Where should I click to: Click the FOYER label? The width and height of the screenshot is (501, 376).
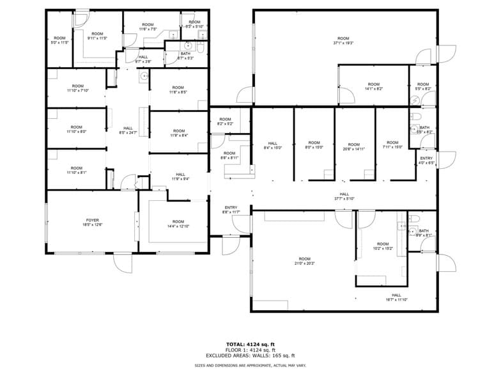click(93, 222)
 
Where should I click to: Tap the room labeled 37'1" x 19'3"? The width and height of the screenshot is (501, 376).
click(343, 40)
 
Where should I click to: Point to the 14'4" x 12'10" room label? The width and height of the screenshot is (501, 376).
click(178, 224)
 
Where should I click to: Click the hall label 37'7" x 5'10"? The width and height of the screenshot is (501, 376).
click(344, 196)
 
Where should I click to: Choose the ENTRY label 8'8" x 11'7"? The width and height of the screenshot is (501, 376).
click(231, 210)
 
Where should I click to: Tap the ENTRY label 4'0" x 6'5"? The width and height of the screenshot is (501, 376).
click(426, 160)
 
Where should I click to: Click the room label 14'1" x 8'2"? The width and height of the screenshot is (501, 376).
click(373, 86)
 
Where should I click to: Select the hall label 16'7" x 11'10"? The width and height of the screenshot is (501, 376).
click(396, 297)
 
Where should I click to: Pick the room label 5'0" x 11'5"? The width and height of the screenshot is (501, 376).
click(59, 40)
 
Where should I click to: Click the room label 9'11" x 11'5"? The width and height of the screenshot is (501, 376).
click(97, 36)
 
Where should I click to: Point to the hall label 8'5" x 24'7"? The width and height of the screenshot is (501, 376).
click(128, 130)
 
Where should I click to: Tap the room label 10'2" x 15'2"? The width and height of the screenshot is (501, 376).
click(382, 246)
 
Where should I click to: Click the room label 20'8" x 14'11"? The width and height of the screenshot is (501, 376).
click(353, 146)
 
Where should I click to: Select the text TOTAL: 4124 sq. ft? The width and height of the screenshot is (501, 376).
click(250, 344)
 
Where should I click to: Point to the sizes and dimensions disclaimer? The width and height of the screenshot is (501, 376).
click(250, 365)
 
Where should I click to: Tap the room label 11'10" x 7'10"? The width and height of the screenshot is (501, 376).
click(77, 88)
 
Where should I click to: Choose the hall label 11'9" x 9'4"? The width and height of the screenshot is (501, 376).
click(180, 176)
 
